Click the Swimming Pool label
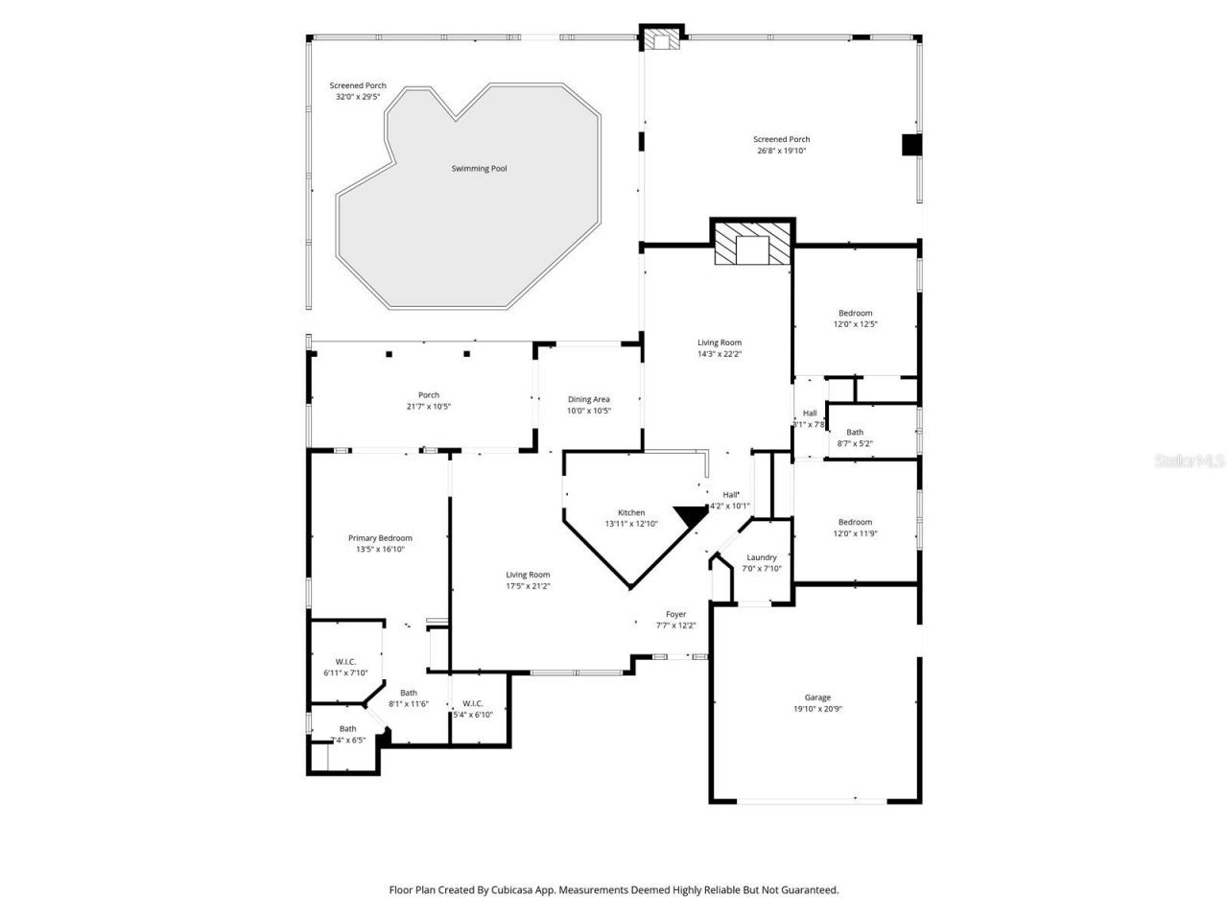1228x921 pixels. [479, 169]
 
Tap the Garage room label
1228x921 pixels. [817, 697]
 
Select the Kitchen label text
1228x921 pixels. [631, 512]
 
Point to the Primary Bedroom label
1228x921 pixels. [380, 538]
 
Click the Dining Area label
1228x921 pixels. [588, 399]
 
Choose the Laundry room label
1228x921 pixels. [762, 557]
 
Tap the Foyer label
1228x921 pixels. [676, 614]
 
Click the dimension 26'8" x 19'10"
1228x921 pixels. [781, 151]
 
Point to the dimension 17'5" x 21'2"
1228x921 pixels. [528, 586]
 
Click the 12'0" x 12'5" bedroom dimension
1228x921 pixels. [855, 324]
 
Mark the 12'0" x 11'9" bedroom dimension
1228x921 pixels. [855, 533]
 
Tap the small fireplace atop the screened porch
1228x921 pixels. [661, 38]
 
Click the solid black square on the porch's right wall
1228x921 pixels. [910, 145]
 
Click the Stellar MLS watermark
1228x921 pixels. [1191, 460]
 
